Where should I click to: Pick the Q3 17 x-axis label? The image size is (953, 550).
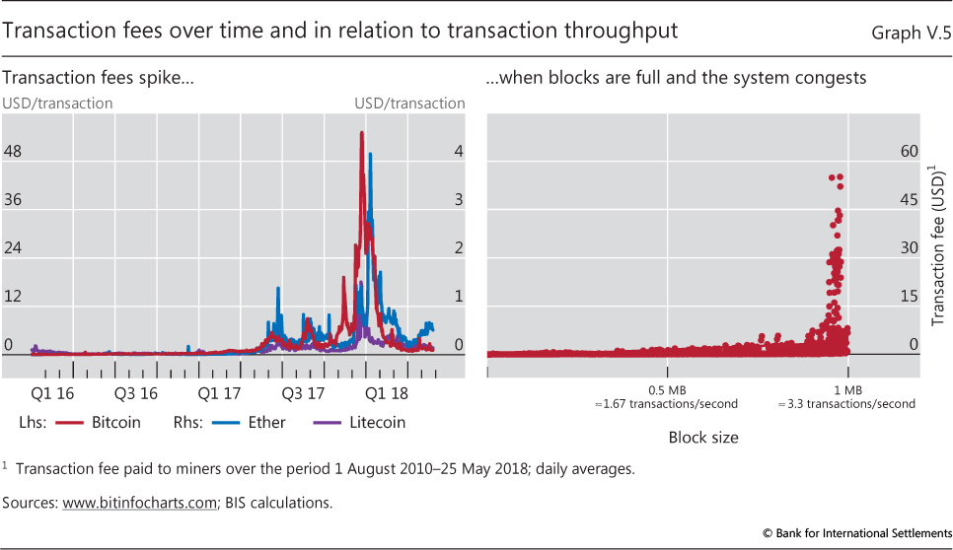point(303,393)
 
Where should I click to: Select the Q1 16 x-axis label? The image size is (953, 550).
point(53,393)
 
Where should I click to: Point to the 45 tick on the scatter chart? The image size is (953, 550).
point(909,200)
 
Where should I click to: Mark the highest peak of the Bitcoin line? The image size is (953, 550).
point(362,132)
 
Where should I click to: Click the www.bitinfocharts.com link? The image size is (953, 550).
point(139,503)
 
